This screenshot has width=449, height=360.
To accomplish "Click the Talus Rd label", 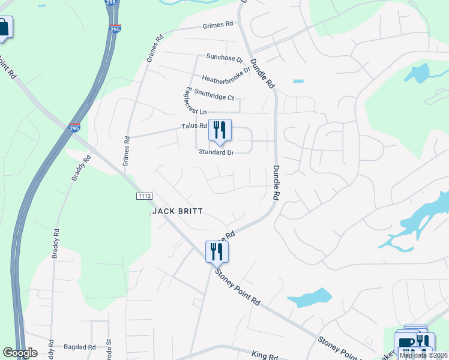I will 194,126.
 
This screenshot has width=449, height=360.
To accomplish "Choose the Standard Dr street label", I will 216,152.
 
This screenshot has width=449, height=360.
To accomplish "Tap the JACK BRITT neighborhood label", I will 178,211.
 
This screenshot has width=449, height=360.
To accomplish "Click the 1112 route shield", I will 144,196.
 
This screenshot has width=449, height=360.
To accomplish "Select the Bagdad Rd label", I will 80,347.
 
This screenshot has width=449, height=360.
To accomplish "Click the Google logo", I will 20,353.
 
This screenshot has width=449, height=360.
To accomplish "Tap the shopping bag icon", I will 4,28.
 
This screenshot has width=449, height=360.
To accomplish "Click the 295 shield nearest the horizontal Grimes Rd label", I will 115,28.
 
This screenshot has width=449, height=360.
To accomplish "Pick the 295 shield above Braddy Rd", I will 74,128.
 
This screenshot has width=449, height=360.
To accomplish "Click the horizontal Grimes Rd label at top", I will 217,25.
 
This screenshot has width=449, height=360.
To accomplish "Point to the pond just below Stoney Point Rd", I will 309,297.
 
